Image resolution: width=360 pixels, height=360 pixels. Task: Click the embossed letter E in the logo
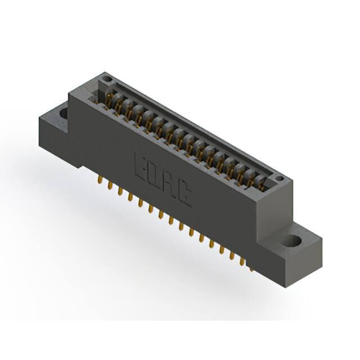click(x=141, y=168)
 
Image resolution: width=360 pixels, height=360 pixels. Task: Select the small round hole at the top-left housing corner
click(x=107, y=79)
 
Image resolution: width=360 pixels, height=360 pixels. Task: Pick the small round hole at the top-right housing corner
click(x=279, y=178)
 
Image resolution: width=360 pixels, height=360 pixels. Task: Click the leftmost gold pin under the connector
click(x=100, y=179)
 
